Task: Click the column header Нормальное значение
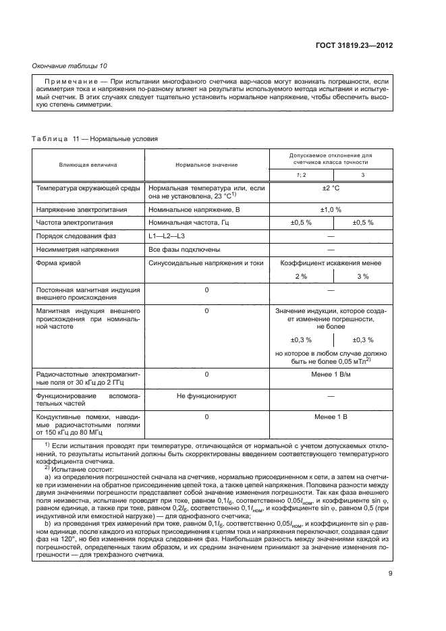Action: [x=206, y=164]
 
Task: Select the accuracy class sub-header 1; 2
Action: [x=301, y=175]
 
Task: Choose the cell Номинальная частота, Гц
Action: [x=187, y=223]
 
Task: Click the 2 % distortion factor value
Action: [x=301, y=276]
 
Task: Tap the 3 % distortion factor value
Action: [x=362, y=276]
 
